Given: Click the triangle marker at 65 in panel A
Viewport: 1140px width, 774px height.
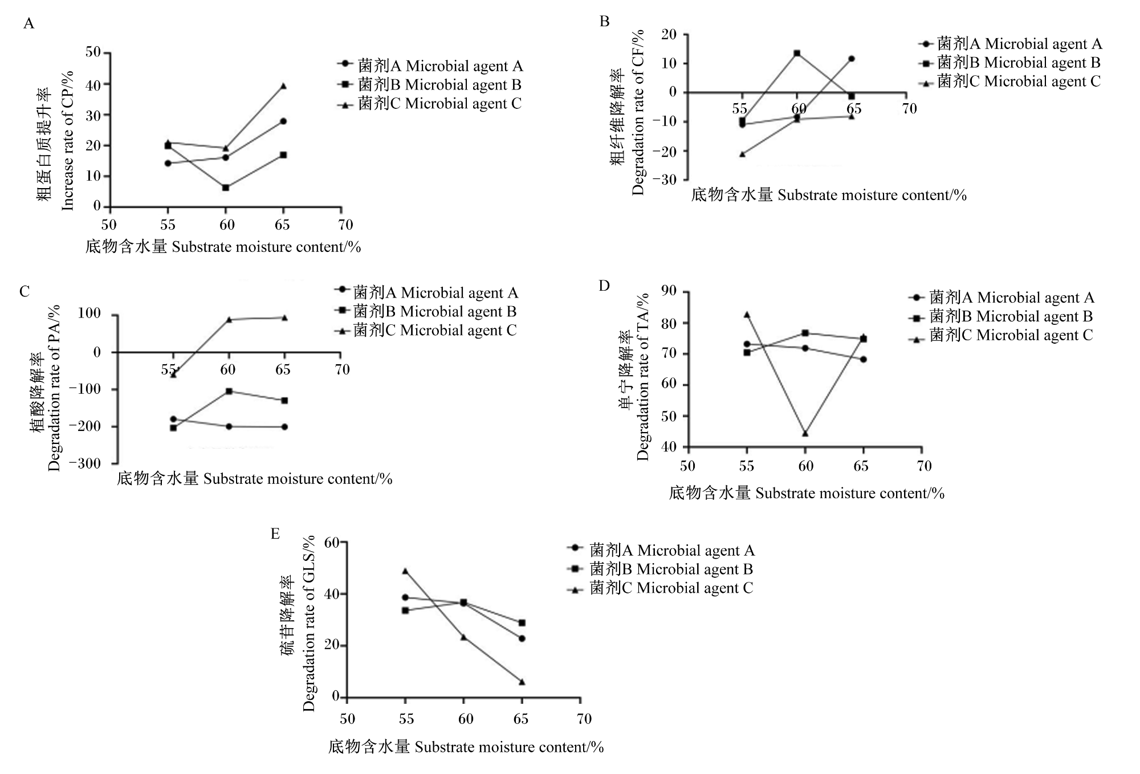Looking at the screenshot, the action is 283,86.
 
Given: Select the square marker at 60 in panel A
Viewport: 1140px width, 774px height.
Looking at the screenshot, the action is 226,188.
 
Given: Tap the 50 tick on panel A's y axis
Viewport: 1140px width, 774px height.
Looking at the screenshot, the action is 93,52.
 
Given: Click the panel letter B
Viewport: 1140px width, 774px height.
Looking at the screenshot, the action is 605,22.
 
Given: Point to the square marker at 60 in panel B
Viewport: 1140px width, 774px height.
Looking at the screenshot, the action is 797,54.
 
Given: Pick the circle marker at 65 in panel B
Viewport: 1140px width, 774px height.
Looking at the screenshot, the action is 852,59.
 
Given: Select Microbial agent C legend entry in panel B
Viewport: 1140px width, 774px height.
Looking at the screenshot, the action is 1010,82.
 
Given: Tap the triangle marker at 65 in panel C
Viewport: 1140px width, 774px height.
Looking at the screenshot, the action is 284,317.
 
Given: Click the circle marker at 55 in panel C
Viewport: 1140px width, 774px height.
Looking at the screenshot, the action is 173,419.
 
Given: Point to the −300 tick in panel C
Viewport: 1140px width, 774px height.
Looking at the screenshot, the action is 85,463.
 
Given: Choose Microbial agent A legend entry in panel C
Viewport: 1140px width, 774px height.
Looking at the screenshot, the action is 427,293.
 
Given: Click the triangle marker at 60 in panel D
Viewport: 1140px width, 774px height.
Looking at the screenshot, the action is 805,433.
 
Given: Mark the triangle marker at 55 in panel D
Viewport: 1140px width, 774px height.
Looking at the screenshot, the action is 747,314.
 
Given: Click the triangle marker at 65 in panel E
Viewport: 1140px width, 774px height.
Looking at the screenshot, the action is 522,682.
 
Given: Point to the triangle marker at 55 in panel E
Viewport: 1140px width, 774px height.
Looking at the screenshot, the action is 405,571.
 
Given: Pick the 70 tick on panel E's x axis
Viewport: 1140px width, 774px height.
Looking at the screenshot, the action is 584,719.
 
